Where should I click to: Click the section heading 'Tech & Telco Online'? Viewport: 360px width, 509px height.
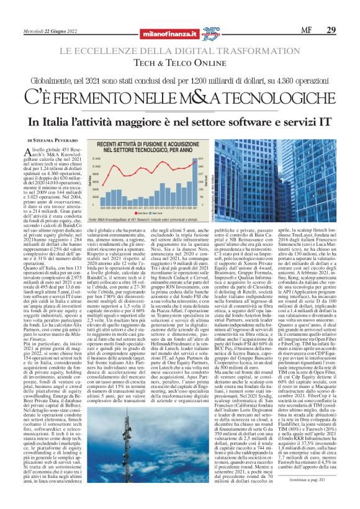tap(179, 63)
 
